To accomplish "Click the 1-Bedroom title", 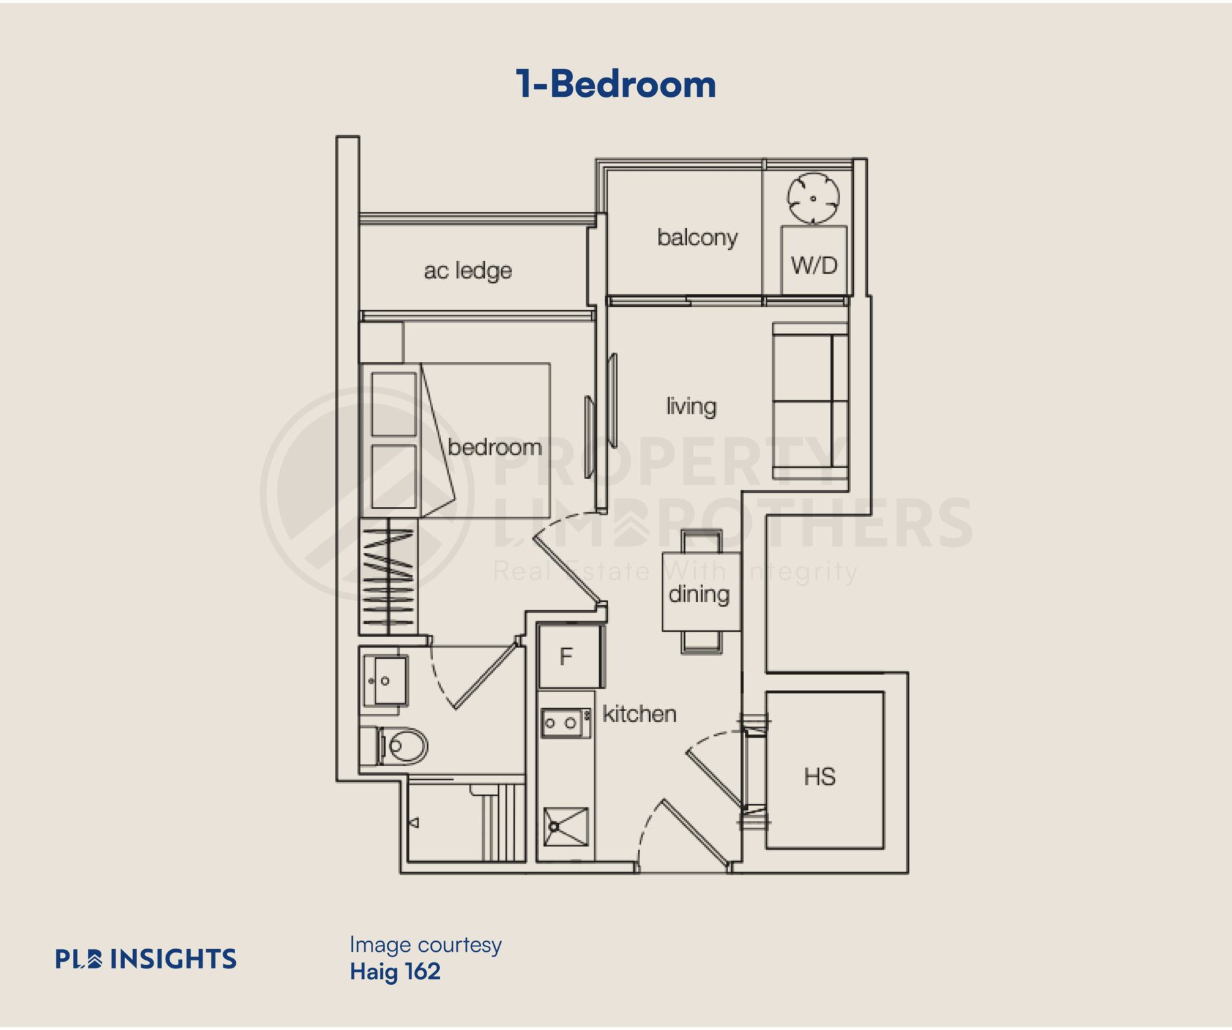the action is pyautogui.click(x=616, y=84).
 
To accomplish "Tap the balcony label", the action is pyautogui.click(x=697, y=238).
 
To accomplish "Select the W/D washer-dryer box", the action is pyautogui.click(x=814, y=260).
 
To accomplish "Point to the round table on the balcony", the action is pyautogui.click(x=813, y=198).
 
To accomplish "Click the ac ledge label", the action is pyautogui.click(x=468, y=270).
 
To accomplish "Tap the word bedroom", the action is pyautogui.click(x=495, y=447).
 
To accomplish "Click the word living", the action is pyautogui.click(x=692, y=406).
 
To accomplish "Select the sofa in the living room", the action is pyautogui.click(x=810, y=400).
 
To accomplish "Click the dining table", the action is pyautogui.click(x=701, y=591).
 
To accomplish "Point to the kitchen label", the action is pyautogui.click(x=639, y=714).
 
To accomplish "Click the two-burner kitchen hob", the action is pyautogui.click(x=566, y=723).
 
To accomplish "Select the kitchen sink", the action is pyautogui.click(x=566, y=827).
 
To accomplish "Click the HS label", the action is pyautogui.click(x=820, y=777).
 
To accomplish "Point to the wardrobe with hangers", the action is pyautogui.click(x=389, y=575).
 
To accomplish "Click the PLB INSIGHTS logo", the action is pyautogui.click(x=146, y=959).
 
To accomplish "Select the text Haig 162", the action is pyautogui.click(x=395, y=972).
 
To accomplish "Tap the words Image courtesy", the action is pyautogui.click(x=425, y=945).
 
